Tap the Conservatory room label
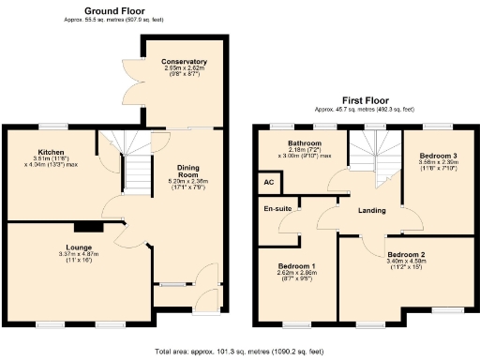(184, 62)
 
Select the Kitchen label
(50, 152)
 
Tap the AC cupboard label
(268, 181)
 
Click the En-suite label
(277, 208)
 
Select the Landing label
(373, 210)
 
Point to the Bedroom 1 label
(297, 265)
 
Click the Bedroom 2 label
(407, 254)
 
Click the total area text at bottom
(239, 351)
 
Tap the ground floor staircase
(139, 169)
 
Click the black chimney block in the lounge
(89, 226)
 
